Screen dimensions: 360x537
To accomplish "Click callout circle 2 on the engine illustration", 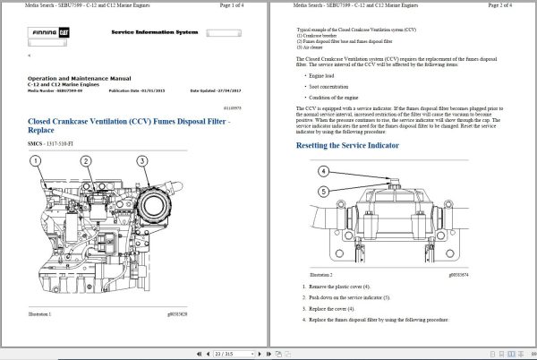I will tap(87, 161).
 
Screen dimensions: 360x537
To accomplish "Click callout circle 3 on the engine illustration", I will tap(142, 161).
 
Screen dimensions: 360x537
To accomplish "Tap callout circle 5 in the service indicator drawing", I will tap(323, 191).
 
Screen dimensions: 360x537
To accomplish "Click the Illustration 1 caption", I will tap(39, 315).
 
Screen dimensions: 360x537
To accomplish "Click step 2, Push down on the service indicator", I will tap(357, 296).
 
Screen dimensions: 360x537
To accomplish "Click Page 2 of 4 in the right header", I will tap(507, 5).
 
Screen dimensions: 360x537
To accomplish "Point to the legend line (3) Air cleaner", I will tap(311, 47).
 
